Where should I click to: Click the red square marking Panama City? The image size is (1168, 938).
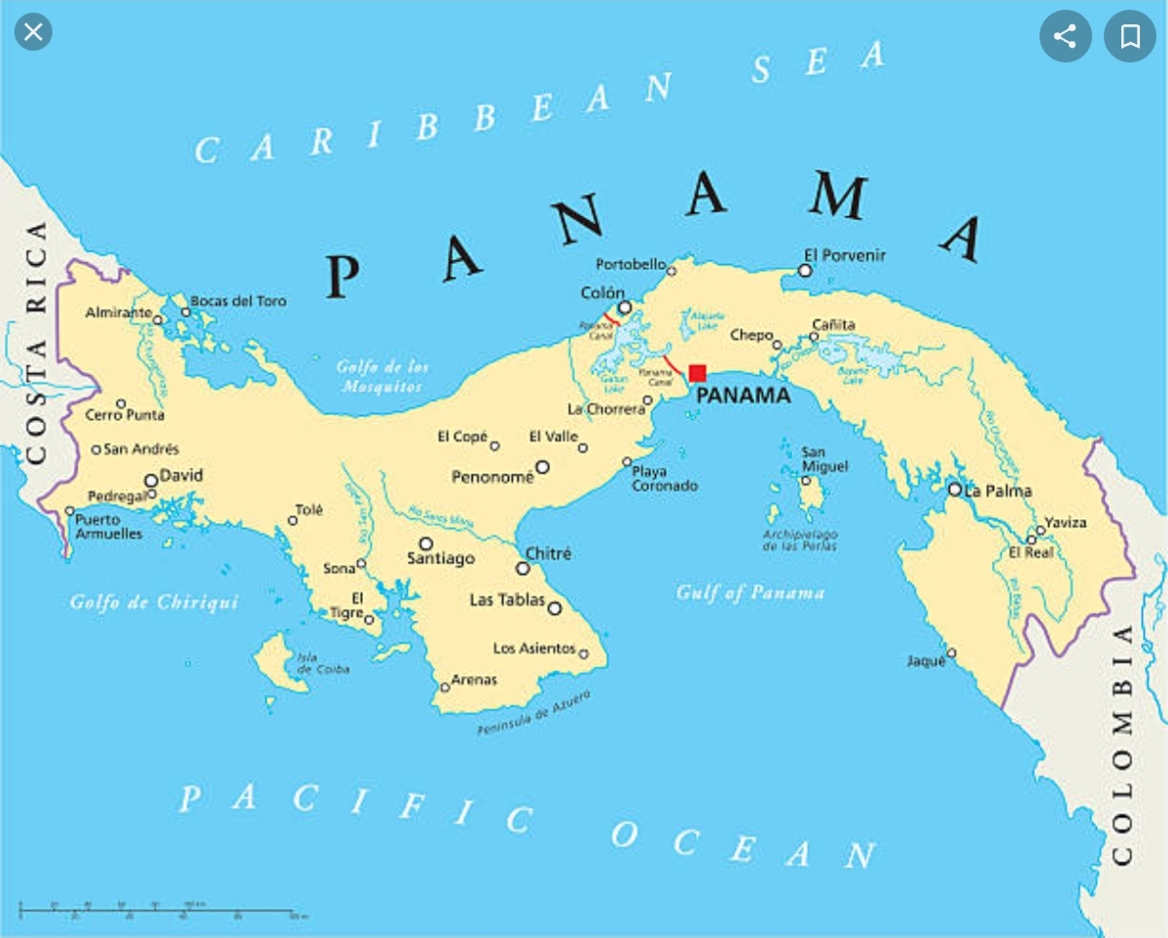point(697,373)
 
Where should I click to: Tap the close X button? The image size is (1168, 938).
point(33,32)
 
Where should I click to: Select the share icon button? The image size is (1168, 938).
point(1065,37)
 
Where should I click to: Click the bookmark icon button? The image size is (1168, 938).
point(1129,37)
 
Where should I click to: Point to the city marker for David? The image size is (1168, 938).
point(151,480)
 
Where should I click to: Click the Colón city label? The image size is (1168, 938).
point(602,293)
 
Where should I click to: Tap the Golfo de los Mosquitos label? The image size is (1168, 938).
point(383,377)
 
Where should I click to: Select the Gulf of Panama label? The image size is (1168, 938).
point(750,592)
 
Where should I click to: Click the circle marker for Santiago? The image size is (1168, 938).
point(425,544)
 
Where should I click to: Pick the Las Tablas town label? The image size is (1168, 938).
point(506,600)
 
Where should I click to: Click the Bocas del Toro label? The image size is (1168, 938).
point(238,301)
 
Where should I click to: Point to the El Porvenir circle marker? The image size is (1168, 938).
point(805,270)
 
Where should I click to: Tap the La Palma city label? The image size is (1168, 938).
point(998,491)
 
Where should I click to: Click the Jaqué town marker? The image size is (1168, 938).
point(951,653)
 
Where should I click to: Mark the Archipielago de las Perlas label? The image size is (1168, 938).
point(799,541)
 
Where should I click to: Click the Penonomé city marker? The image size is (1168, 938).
point(542,468)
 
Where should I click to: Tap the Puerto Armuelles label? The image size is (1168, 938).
point(108,527)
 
